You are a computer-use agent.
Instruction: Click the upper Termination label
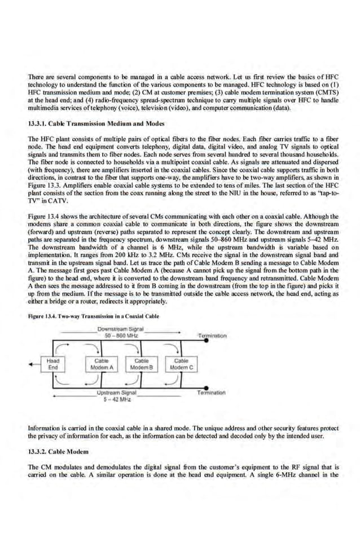coord(212,335)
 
